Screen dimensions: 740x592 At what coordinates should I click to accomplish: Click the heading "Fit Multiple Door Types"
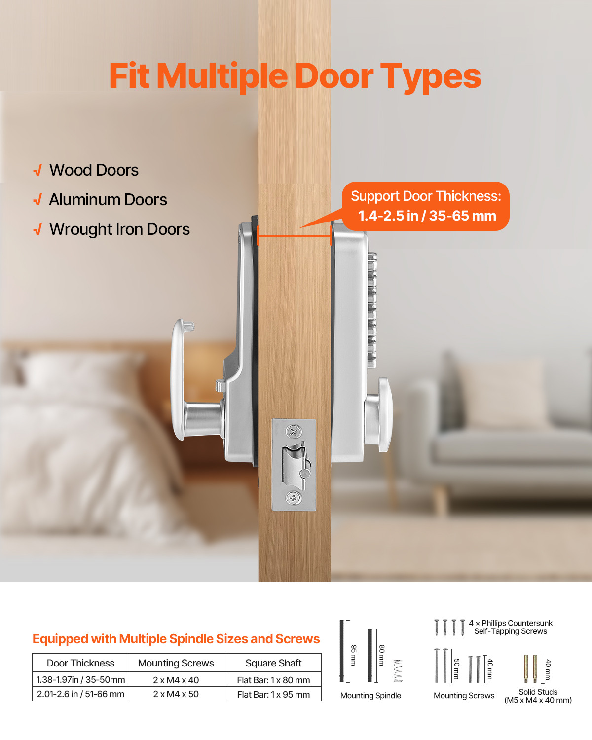[x=295, y=76]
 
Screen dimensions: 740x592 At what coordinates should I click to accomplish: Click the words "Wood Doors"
[x=94, y=170]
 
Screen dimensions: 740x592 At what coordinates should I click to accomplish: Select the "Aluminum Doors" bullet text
[x=108, y=200]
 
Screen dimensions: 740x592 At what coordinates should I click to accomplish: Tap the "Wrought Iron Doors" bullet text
[x=119, y=229]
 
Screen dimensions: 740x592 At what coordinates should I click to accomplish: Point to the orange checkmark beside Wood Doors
[x=37, y=171]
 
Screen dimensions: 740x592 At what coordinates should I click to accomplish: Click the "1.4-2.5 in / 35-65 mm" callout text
[x=427, y=216]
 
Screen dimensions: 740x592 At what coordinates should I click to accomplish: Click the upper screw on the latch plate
[x=294, y=432]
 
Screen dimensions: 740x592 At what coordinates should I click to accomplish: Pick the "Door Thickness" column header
[x=80, y=663]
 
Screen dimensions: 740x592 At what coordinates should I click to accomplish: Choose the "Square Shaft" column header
[x=273, y=663]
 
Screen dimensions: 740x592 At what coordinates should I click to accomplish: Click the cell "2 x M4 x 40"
[x=176, y=680]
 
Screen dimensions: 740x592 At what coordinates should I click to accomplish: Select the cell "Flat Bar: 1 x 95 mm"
[x=273, y=694]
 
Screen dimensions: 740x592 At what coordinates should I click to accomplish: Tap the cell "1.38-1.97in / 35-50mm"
[x=80, y=680]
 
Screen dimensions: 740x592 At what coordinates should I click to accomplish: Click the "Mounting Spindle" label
[x=370, y=696]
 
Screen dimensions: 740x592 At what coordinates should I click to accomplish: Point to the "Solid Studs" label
[x=538, y=692]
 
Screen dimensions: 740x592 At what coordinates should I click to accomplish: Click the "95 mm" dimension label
[x=353, y=655]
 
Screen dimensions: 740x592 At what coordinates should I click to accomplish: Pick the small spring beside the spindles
[x=398, y=671]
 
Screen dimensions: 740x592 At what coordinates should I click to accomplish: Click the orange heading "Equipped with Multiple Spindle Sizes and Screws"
[x=176, y=639]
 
